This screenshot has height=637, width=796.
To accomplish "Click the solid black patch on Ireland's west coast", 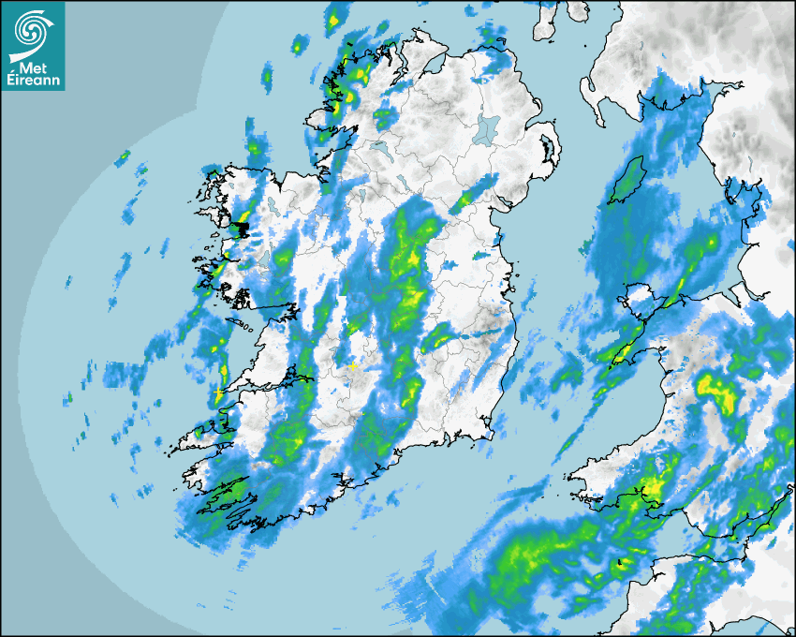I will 242,228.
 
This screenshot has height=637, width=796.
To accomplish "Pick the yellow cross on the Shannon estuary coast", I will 218,392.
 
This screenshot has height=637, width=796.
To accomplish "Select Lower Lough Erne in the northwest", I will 382,148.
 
